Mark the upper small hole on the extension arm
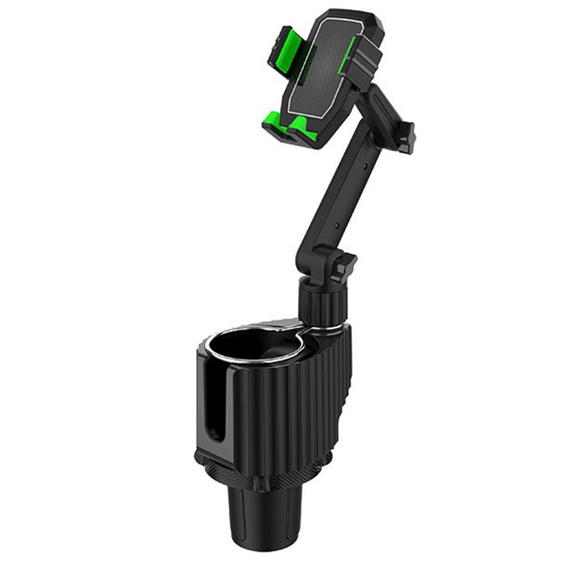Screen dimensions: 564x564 (x=365, y=167)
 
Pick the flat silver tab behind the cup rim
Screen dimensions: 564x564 (x=282, y=325)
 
